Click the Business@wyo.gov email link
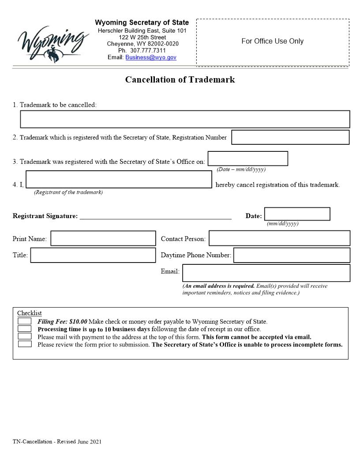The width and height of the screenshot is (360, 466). pos(150,57)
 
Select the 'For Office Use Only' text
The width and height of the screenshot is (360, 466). pos(272,41)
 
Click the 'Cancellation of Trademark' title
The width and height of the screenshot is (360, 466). pos(180,80)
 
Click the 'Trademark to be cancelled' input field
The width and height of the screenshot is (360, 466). pos(185,119)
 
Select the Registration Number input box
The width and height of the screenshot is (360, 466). pos(290,137)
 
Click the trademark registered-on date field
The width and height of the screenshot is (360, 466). pos(247,158)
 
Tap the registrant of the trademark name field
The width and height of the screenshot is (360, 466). pos(119,180)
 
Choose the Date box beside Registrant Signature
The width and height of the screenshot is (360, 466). pos(297,214)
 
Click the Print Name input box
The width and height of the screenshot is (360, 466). pos(103,238)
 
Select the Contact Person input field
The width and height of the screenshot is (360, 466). pos(279,238)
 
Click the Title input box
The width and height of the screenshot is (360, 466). pos(93,255)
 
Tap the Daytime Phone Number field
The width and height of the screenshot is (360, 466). pos(291,255)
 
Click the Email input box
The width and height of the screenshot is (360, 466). pos(266,273)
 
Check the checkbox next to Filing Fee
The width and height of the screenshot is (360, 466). pos(24,321)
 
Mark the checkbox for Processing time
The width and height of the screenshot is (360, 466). pos(24,329)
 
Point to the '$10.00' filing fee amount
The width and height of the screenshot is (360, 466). pos(78,322)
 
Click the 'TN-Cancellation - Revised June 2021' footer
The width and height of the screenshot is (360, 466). pos(57,441)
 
